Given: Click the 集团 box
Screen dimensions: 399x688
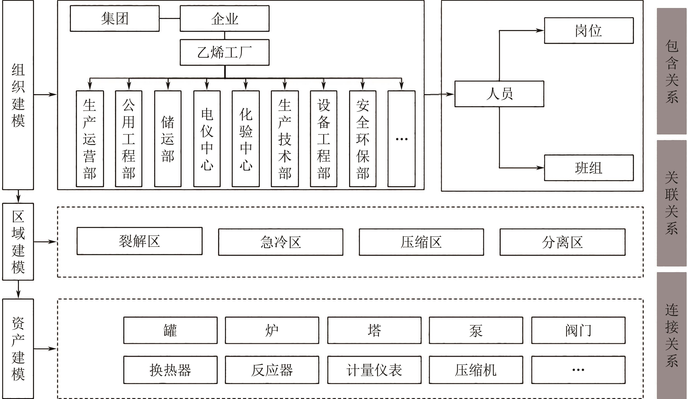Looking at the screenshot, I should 115,19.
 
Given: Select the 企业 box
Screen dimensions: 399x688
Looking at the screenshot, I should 224,19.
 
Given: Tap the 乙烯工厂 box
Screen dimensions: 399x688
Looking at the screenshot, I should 224,52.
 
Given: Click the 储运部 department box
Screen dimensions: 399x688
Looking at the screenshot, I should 168,139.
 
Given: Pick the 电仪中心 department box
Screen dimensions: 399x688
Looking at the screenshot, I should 207,139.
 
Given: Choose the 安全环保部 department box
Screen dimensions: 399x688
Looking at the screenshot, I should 363,139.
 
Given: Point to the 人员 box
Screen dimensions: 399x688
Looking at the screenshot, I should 499,94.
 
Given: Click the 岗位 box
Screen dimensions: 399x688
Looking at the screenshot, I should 589,31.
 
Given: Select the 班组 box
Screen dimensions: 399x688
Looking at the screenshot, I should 589,168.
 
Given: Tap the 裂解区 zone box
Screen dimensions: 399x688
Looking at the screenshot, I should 139,241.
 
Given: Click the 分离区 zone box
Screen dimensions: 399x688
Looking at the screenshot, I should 562,242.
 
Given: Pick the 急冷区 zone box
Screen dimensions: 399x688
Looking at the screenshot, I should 280,242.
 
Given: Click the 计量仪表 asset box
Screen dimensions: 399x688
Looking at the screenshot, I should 374,370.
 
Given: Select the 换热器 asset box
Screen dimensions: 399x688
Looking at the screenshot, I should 170,370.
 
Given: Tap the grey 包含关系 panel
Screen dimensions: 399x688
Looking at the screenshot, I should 671,71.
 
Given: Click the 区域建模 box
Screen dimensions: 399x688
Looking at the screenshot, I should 18,242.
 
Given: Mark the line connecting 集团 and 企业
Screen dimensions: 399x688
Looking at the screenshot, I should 170,19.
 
